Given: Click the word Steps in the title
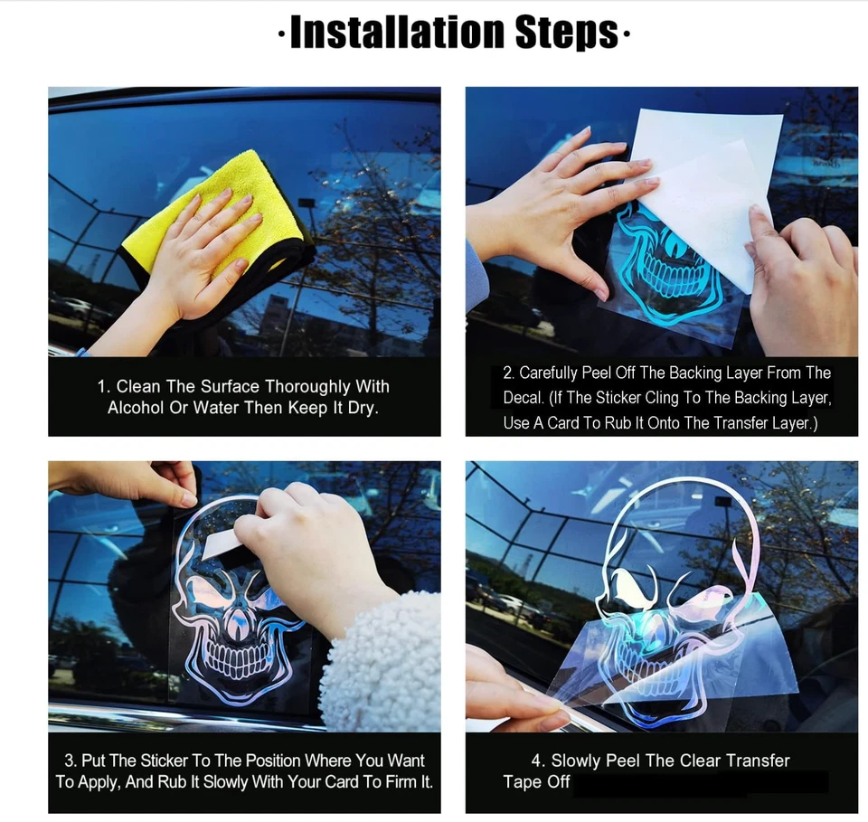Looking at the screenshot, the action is pyautogui.click(x=567, y=33).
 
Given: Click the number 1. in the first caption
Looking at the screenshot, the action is pyautogui.click(x=104, y=386).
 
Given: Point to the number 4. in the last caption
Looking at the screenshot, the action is pyautogui.click(x=538, y=761).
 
